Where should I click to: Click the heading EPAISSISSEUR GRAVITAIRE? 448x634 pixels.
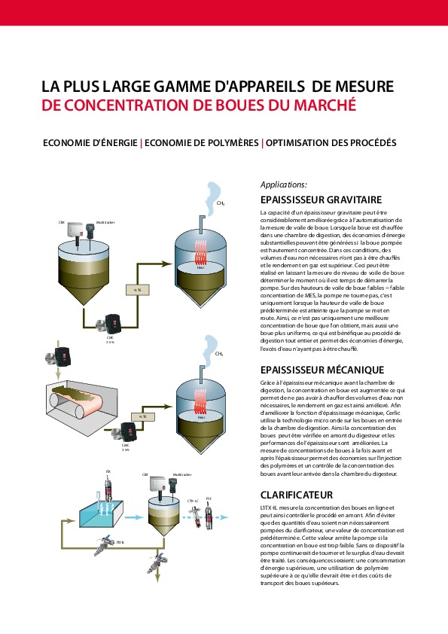pos(321,200)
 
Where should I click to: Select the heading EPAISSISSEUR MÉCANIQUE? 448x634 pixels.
pos(322,370)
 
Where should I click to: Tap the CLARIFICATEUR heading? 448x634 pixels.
pos(296,495)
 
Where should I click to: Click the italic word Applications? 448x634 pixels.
pos(283,184)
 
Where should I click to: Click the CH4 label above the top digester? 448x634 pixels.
pos(220,203)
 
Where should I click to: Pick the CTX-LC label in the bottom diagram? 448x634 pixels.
pos(193,500)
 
